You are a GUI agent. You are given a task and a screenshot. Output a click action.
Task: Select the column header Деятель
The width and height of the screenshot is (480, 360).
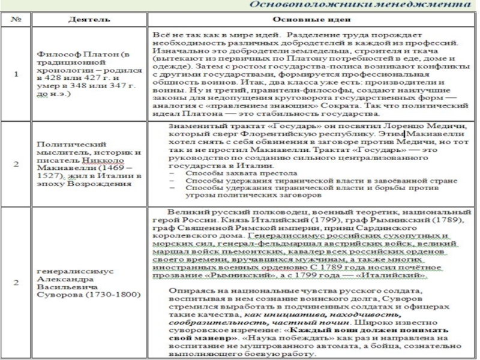click(x=88, y=20)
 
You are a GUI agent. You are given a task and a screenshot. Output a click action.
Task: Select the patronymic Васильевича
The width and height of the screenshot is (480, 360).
click(x=63, y=287)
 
